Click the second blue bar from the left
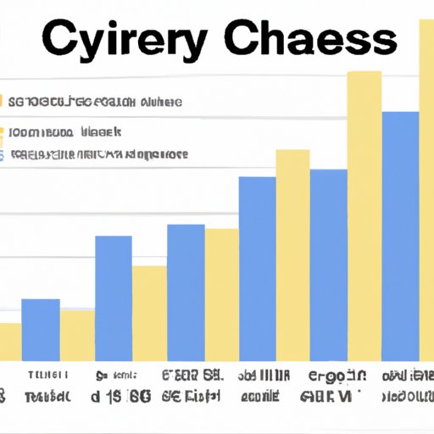pyautogui.click(x=113, y=298)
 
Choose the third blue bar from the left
pyautogui.click(x=186, y=292)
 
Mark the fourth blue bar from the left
pyautogui.click(x=257, y=268)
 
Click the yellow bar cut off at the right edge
pyautogui.click(x=426, y=186)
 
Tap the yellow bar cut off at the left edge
pyautogui.click(x=10, y=341)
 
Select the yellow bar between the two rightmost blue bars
pyautogui.click(x=364, y=215)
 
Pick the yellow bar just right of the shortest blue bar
pyautogui.click(x=77, y=334)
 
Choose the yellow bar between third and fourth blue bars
pyautogui.click(x=221, y=293)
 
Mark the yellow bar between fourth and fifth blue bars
pyautogui.click(x=292, y=254)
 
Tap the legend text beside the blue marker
pyautogui.click(x=98, y=156)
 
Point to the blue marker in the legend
pyautogui.click(x=3, y=156)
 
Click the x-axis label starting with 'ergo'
pyautogui.click(x=337, y=375)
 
